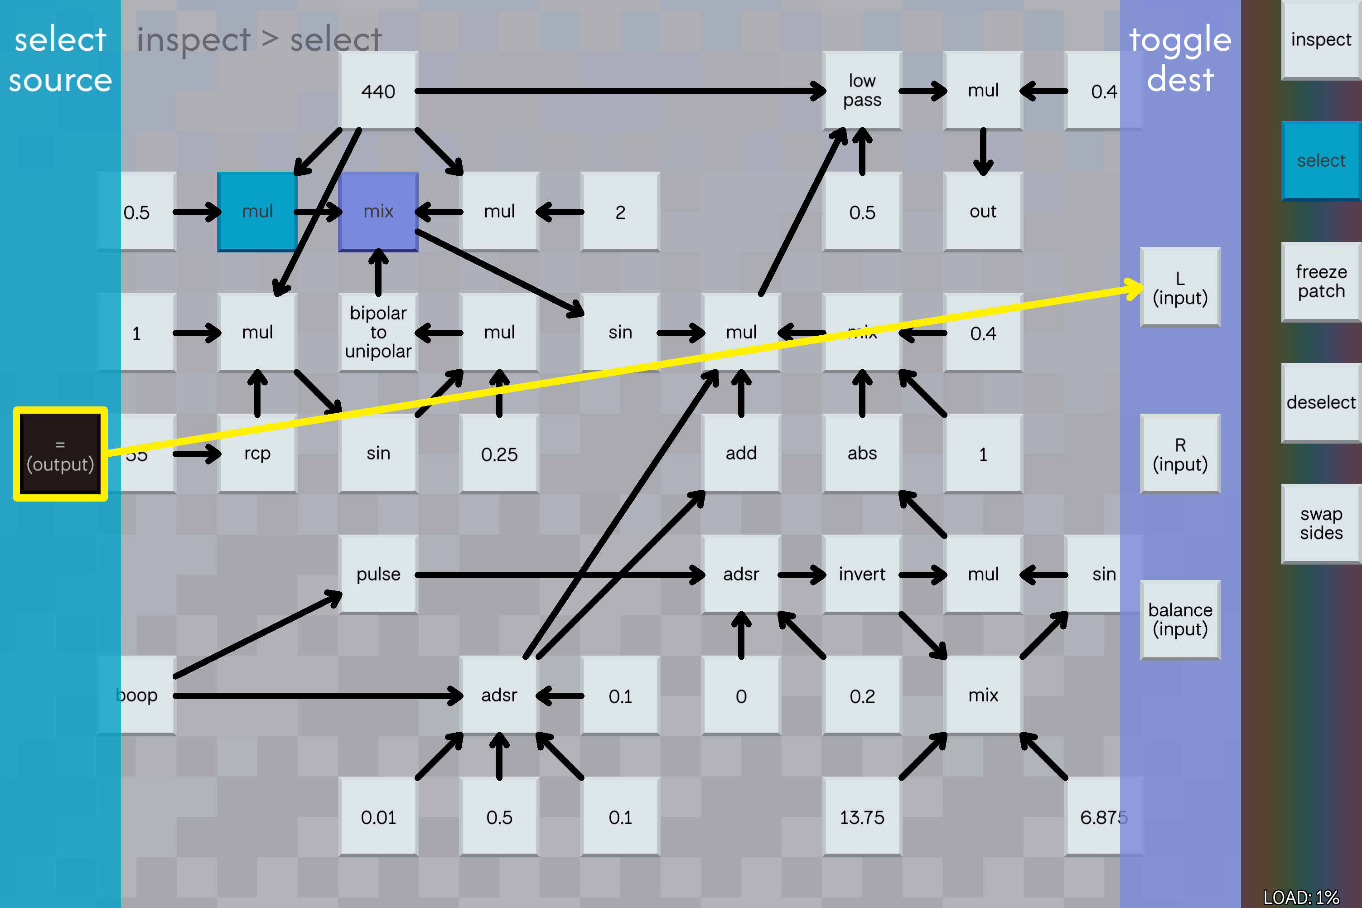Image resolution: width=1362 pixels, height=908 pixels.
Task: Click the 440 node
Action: (x=378, y=91)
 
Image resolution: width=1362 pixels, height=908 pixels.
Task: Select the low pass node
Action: (x=862, y=91)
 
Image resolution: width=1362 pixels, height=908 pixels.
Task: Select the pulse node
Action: (x=378, y=574)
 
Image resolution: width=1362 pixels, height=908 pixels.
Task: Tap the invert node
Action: (x=862, y=574)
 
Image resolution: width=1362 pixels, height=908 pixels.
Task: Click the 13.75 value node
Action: (x=862, y=816)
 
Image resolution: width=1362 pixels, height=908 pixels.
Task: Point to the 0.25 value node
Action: (x=499, y=454)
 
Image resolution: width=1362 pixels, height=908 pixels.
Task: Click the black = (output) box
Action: (x=60, y=454)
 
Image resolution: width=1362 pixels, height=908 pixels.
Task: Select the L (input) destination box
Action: (x=1180, y=287)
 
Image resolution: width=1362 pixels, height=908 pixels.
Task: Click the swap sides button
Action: (x=1321, y=523)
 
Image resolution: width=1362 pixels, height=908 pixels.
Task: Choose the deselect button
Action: (x=1321, y=402)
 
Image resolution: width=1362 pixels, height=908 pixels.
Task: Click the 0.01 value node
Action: (x=378, y=816)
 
